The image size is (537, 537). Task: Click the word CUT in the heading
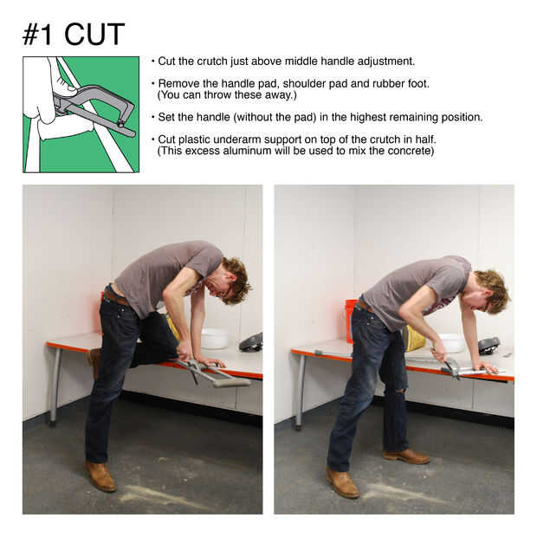[x=94, y=35]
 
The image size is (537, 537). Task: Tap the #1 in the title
[x=37, y=35]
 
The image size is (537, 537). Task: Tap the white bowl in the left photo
[x=215, y=339]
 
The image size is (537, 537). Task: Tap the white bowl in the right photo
[x=452, y=342]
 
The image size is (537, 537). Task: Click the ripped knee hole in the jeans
[x=400, y=390]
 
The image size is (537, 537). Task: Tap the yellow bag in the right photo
[x=414, y=339]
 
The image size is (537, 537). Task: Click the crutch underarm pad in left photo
[x=231, y=381]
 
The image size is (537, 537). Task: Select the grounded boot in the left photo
[x=100, y=476]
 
